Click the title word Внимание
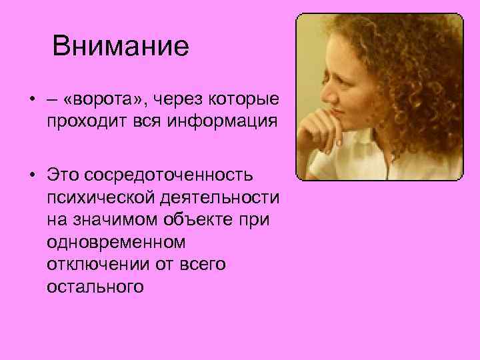coord(121,47)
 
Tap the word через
coord(183,100)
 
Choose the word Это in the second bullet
coord(62,174)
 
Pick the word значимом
coord(117,219)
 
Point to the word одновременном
coord(116,242)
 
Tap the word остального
coord(95,287)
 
